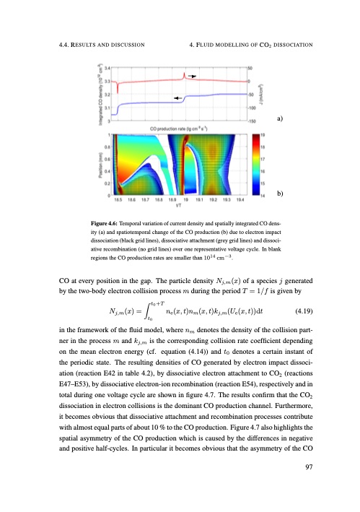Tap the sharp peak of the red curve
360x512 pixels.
[185, 74]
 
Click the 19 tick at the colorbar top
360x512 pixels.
[261, 134]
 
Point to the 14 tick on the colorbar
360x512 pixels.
[261, 195]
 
